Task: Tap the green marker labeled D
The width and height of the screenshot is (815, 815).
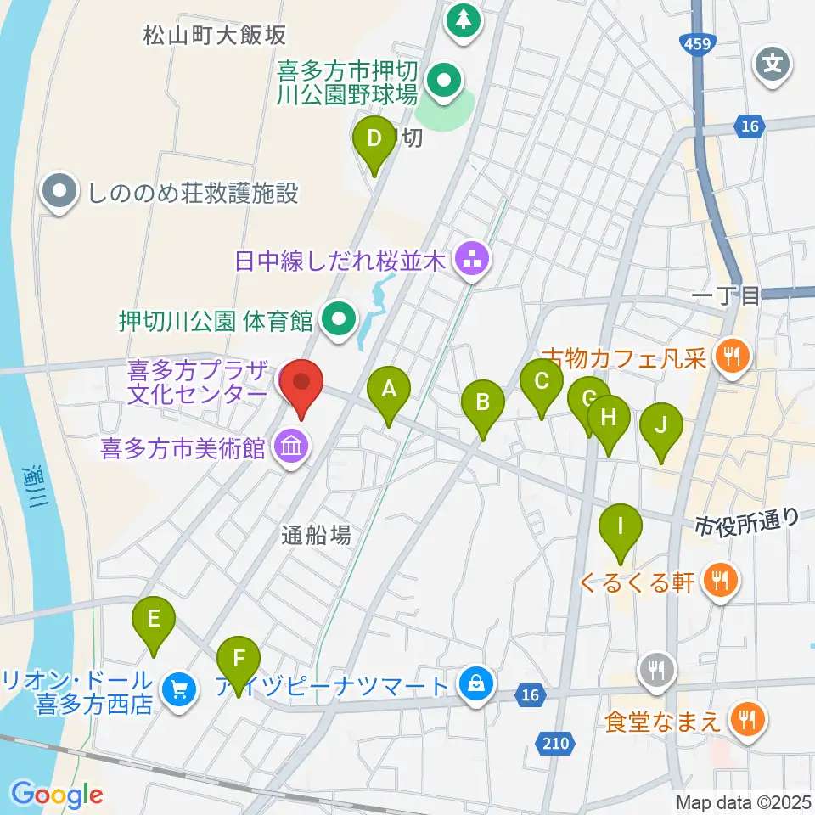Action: (373, 138)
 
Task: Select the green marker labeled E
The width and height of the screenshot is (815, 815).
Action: (154, 620)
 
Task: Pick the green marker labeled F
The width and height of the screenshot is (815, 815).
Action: (238, 658)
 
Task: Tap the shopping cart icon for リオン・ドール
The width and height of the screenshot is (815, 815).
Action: (178, 688)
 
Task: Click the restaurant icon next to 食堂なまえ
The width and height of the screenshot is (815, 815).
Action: (748, 721)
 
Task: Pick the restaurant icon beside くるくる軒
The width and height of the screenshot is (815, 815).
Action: (722, 581)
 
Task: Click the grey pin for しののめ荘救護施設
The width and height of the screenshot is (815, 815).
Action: (59, 193)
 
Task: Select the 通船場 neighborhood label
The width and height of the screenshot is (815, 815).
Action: (316, 535)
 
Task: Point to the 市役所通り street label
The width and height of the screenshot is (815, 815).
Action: (747, 519)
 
